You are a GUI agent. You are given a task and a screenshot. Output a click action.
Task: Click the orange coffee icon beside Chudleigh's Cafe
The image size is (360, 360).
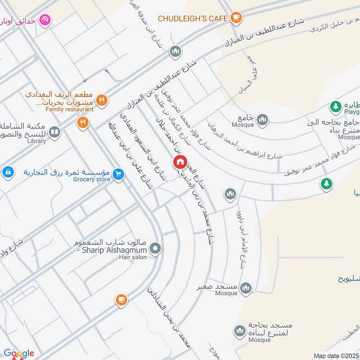point(236,18)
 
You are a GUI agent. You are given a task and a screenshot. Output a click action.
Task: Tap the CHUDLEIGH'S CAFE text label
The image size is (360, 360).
point(193,18)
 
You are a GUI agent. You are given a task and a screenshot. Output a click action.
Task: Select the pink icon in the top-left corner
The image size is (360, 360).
point(45,20)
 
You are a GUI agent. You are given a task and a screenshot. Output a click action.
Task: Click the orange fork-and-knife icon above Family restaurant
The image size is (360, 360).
point(102,100)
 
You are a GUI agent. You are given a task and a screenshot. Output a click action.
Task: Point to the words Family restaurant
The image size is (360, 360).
point(70,109)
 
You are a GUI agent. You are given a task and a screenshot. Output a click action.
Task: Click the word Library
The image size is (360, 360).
point(36,141)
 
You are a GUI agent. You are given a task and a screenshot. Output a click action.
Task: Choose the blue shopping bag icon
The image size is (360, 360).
point(8,172)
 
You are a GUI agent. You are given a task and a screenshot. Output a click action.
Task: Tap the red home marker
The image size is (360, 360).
point(180,162)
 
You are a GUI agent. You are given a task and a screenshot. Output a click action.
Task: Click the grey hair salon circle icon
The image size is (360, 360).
point(155,248)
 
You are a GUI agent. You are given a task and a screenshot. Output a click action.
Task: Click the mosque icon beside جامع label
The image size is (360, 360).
point(263,120)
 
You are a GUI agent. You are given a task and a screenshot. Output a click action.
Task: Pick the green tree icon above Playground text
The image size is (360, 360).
point(335,106)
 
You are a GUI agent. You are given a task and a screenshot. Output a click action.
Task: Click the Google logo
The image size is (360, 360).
point(19,353)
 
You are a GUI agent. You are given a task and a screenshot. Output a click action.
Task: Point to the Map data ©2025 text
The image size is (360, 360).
point(335,355)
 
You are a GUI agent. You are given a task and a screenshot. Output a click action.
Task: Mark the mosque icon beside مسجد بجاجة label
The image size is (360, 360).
point(239,332)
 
